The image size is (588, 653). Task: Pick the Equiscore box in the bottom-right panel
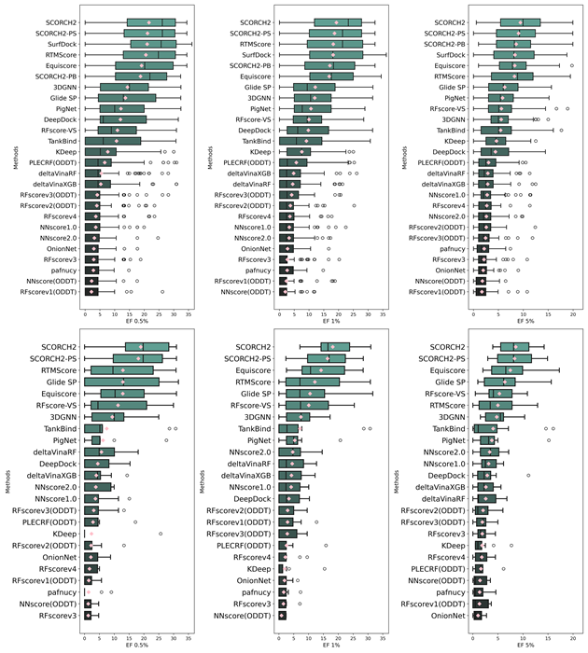pos(507,370)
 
